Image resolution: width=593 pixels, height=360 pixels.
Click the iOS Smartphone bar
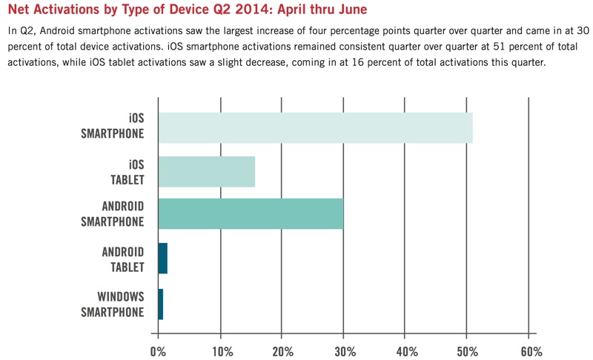(x=315, y=127)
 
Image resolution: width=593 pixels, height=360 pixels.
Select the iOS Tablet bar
(x=206, y=171)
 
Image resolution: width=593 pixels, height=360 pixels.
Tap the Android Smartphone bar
(x=251, y=214)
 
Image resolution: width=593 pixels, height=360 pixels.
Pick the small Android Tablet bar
(x=162, y=258)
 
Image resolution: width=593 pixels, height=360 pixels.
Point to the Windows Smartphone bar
(x=160, y=304)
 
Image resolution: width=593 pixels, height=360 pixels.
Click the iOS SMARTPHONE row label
(x=112, y=127)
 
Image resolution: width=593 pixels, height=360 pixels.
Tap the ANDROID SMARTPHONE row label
(x=112, y=214)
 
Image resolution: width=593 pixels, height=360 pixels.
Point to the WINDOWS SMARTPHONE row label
(x=112, y=304)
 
